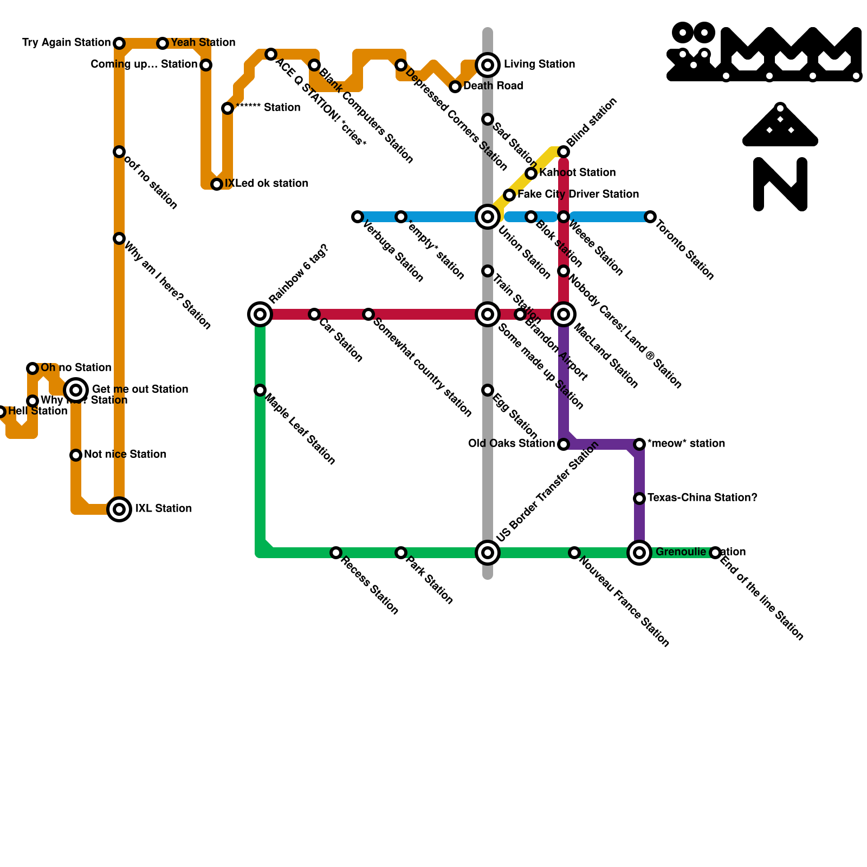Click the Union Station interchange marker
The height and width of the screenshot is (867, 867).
[488, 217]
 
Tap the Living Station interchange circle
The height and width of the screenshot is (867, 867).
[488, 65]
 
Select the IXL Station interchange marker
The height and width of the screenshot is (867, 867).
[119, 509]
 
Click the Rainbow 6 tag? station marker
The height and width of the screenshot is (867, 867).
[260, 314]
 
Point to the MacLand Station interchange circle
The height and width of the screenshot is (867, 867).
[564, 314]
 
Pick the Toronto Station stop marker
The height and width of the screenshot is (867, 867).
[650, 217]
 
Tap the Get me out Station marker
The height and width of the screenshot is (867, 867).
[76, 390]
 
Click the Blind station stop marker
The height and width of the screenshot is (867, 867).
[564, 152]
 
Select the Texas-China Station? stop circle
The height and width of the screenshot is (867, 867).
[639, 498]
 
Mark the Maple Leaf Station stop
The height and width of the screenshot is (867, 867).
[260, 390]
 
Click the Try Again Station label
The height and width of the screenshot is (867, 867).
[66, 42]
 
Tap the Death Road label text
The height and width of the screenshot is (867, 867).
[493, 86]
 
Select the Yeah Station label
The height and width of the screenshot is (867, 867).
[203, 42]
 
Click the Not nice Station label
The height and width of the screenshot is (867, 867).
[125, 454]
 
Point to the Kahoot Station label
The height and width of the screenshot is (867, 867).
[578, 172]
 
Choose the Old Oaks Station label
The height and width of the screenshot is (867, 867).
[512, 443]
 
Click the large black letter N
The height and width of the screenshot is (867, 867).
[780, 184]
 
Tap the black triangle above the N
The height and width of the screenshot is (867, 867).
[780, 127]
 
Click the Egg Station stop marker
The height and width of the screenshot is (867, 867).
[488, 390]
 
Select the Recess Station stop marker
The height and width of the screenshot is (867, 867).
[336, 553]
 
